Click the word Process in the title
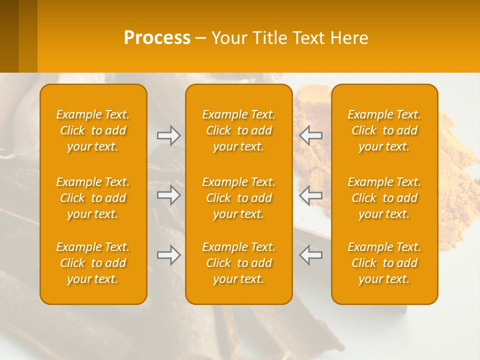pyautogui.click(x=157, y=38)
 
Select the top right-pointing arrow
pyautogui.click(x=169, y=135)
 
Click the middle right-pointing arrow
pyautogui.click(x=169, y=195)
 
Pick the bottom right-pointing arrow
pyautogui.click(x=169, y=255)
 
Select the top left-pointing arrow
pyautogui.click(x=310, y=135)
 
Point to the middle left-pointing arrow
pyautogui.click(x=310, y=195)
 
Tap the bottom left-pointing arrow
pyautogui.click(x=310, y=255)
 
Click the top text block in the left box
pyautogui.click(x=93, y=130)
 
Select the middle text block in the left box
pyautogui.click(x=93, y=198)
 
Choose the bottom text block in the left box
pyautogui.click(x=93, y=263)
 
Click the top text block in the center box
pyautogui.click(x=238, y=130)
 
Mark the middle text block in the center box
pyautogui.click(x=238, y=198)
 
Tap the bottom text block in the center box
pyautogui.click(x=238, y=263)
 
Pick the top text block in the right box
pyautogui.click(x=384, y=130)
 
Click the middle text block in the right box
pyautogui.click(x=384, y=198)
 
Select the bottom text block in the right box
pyautogui.click(x=384, y=263)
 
